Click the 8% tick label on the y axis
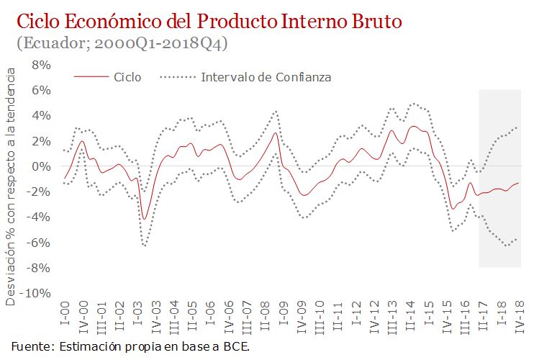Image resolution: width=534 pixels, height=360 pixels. (x=40, y=65)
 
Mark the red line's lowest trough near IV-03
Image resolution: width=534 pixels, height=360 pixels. (x=145, y=219)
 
